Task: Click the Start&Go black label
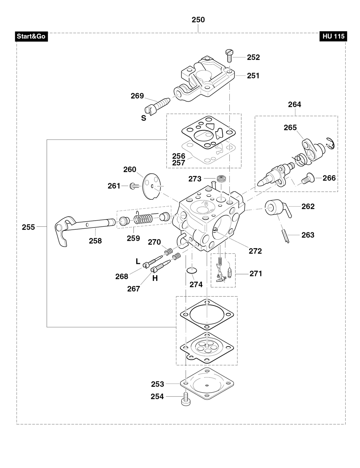pos(31,36)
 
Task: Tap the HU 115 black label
pos(333,36)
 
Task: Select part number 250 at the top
pos(198,20)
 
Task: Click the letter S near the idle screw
pos(144,118)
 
